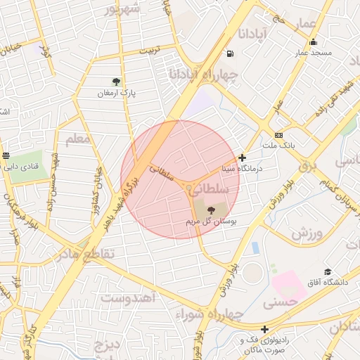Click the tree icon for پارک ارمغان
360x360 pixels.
[116, 82]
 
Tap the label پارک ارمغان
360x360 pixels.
[115, 93]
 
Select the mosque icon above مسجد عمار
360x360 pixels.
[313, 41]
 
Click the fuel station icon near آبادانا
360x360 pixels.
[230, 53]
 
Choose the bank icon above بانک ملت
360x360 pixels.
[278, 135]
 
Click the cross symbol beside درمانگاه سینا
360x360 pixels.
[243, 158]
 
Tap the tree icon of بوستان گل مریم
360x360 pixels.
[212, 210]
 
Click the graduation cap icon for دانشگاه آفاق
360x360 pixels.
[327, 271]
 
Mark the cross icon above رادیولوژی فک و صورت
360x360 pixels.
[264, 329]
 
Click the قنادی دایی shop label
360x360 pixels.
[22, 167]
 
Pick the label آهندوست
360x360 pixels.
[128, 297]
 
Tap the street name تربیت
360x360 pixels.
[149, 51]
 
